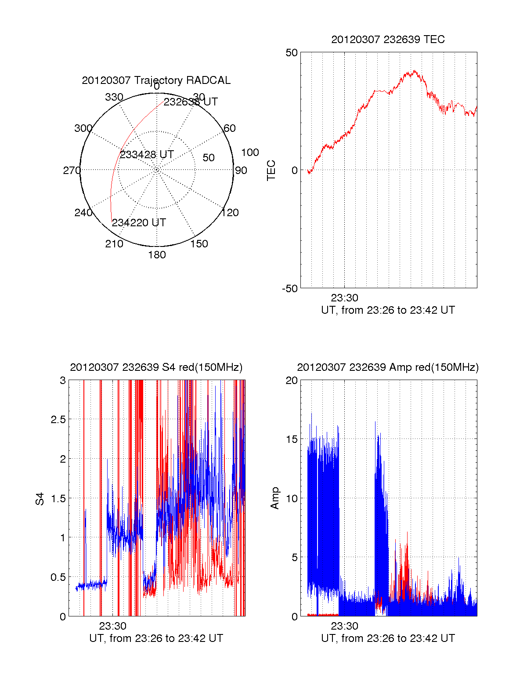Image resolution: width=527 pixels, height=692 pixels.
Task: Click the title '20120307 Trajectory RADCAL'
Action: [156, 80]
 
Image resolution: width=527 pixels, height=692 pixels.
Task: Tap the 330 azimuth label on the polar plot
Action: [114, 97]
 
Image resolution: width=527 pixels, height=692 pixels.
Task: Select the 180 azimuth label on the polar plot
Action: [157, 255]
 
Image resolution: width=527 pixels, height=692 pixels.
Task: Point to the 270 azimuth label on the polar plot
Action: [72, 170]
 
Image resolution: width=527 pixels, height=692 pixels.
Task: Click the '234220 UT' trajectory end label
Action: [139, 223]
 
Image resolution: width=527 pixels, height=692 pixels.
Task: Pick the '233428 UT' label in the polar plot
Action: [147, 155]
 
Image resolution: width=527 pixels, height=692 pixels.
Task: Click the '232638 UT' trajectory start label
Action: [191, 102]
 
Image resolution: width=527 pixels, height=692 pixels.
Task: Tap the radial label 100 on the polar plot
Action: [250, 152]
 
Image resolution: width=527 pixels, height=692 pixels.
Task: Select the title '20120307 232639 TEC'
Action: [388, 40]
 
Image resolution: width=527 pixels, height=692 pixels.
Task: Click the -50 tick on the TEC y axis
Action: [290, 289]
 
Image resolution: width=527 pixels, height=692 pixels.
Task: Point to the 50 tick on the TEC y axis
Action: [292, 53]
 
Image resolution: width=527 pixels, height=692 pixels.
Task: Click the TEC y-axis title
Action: [271, 170]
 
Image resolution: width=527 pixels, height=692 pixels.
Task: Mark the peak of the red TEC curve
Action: [414, 71]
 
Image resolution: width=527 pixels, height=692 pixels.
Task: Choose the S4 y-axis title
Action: [40, 499]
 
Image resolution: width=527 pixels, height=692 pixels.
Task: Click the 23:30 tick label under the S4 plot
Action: [112, 626]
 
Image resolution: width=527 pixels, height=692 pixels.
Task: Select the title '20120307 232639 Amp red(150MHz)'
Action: [388, 367]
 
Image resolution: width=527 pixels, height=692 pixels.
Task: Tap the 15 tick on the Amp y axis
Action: [292, 439]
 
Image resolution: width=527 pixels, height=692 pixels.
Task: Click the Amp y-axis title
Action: [275, 498]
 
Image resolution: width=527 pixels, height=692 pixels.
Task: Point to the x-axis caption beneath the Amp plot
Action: [388, 638]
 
